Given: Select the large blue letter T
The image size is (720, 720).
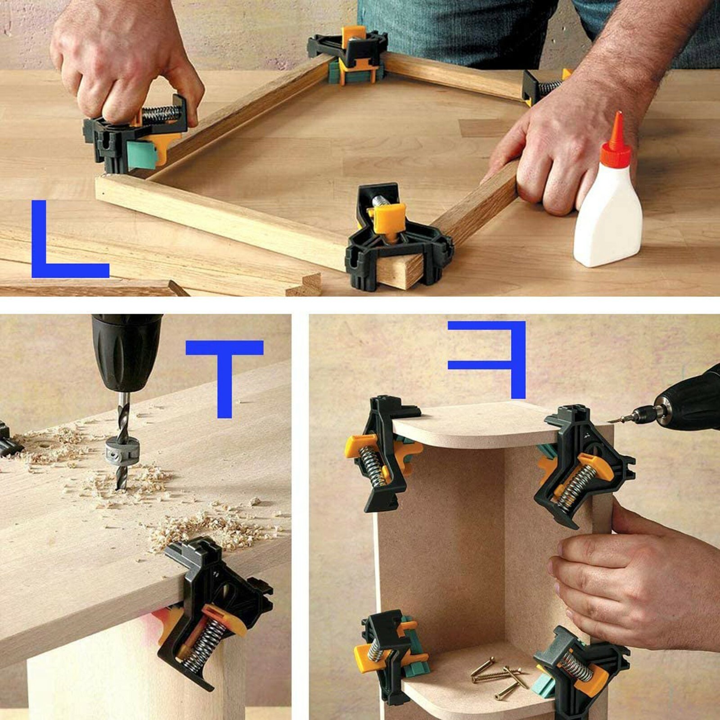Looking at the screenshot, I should point(225,369).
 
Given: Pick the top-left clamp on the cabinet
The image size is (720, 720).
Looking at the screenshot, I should point(382,454).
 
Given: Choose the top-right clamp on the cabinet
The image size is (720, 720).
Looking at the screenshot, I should point(580,468).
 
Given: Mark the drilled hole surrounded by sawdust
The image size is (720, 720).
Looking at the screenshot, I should point(45,448).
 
